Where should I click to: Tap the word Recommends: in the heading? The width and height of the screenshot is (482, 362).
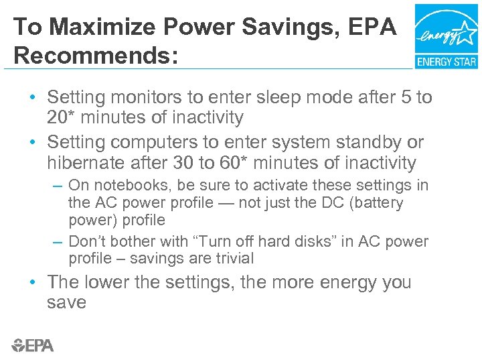[96, 56]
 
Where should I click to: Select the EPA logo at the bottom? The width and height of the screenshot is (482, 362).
[32, 345]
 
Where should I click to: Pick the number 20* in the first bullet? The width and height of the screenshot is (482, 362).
[62, 118]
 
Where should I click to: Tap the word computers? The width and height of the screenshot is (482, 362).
[151, 143]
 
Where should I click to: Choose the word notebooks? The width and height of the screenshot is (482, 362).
[129, 185]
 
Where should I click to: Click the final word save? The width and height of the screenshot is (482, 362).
[66, 302]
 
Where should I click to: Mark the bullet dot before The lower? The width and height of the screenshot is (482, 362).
[33, 283]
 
